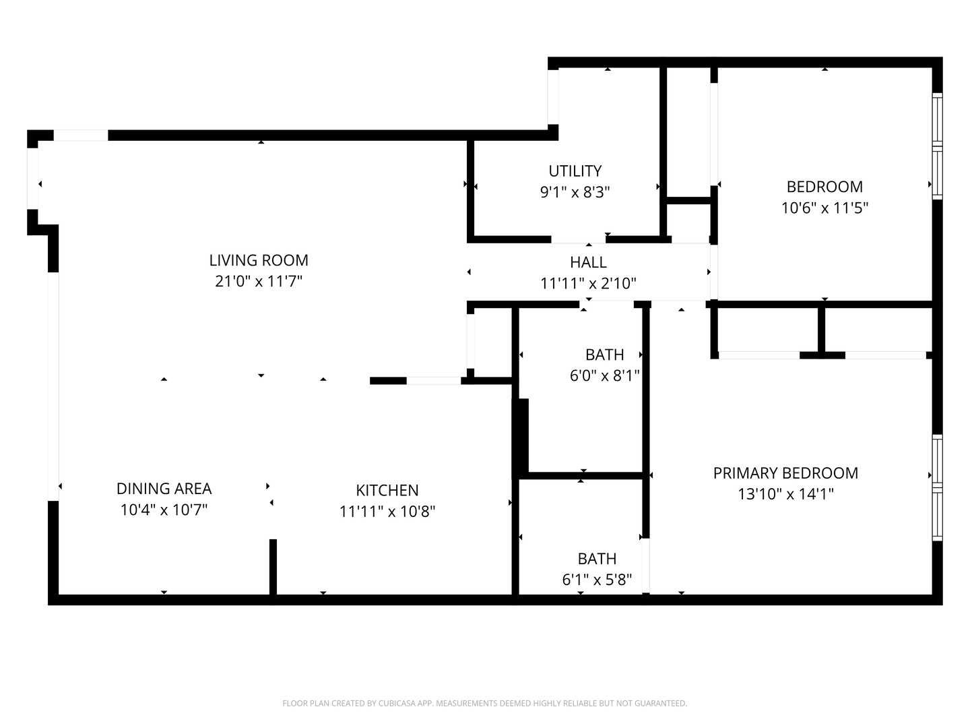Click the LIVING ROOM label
(x=259, y=260)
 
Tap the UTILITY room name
(x=575, y=171)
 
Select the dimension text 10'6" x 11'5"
(x=825, y=208)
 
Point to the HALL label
(x=588, y=262)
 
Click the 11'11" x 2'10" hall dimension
(x=588, y=283)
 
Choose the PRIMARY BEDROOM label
(x=785, y=473)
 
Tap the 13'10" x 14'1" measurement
(x=785, y=493)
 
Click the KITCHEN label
(x=387, y=490)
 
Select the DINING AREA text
(x=164, y=489)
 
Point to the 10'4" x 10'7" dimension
(x=164, y=510)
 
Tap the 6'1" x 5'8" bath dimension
(x=597, y=580)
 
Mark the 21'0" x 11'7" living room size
(x=259, y=281)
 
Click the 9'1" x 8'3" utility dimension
(x=575, y=192)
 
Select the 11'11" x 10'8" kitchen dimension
(x=387, y=512)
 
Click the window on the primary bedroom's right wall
(x=937, y=487)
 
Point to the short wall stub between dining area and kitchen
(x=273, y=567)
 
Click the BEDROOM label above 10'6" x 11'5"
(x=825, y=187)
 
